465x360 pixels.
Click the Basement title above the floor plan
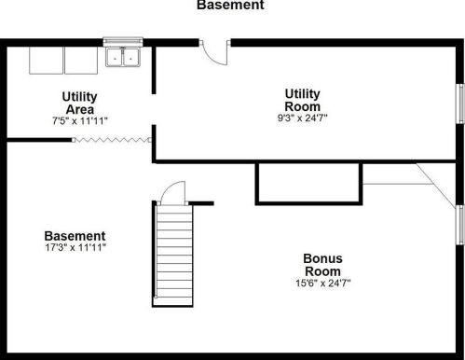click(230, 5)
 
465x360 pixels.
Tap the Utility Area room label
click(80, 103)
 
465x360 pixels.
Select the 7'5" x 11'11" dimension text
click(80, 120)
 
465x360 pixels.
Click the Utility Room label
click(302, 100)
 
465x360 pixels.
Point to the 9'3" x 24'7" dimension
click(302, 118)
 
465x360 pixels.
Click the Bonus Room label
click(322, 265)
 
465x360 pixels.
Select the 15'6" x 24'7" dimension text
click(323, 284)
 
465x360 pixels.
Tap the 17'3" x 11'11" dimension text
click(75, 248)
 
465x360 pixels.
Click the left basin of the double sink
click(115, 57)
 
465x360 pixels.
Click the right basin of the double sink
click(131, 57)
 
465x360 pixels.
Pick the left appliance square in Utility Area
click(46, 61)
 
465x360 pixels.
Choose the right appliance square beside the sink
click(81, 61)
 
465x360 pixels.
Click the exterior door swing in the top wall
click(215, 53)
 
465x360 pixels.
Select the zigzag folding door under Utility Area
click(112, 140)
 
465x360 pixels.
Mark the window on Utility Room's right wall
click(460, 104)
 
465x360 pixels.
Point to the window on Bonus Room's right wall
click(460, 225)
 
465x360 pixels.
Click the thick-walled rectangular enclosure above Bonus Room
click(308, 184)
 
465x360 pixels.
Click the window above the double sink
click(123, 42)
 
